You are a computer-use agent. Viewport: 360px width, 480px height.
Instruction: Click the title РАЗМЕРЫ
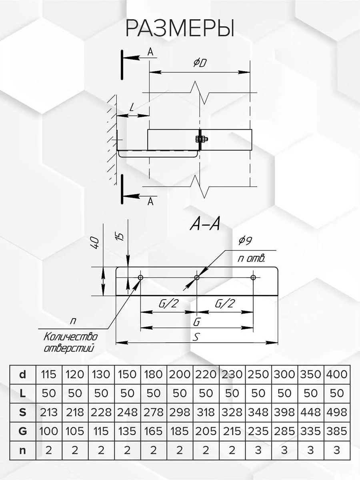click(180, 29)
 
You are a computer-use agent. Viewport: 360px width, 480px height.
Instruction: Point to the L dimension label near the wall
click(132, 107)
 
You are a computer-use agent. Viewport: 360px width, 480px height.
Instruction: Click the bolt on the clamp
click(200, 139)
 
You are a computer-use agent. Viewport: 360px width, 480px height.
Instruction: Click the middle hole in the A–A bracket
click(197, 278)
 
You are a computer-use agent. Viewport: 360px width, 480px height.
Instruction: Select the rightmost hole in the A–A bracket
click(253, 278)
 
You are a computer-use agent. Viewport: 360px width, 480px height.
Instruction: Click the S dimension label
click(196, 337)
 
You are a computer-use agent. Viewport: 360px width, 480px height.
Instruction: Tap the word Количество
click(70, 336)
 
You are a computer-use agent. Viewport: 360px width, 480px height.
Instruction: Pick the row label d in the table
click(23, 375)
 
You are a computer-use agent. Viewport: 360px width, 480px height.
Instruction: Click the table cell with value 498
click(336, 412)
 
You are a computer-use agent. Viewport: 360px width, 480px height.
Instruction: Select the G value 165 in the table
click(154, 431)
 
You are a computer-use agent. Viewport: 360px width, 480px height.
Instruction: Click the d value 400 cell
click(336, 375)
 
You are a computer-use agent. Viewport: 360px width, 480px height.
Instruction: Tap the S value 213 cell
click(49, 412)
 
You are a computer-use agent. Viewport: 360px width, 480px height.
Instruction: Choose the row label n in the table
click(23, 450)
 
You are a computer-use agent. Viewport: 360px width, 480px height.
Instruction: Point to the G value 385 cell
click(336, 431)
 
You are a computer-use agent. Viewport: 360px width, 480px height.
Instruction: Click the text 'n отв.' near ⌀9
click(251, 258)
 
